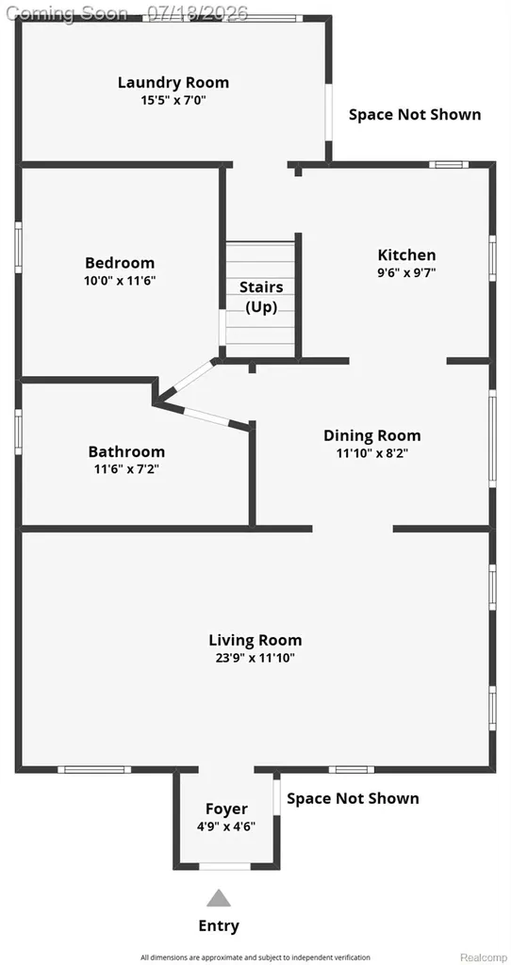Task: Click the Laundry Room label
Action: [x=173, y=83]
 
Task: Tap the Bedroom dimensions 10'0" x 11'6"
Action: [x=120, y=281]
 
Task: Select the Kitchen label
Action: [x=406, y=254]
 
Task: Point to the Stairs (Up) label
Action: [x=261, y=297]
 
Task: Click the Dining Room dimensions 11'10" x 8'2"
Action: [x=371, y=453]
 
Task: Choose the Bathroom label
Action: [x=126, y=451]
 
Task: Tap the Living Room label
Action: [x=255, y=641]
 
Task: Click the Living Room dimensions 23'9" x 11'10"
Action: [x=255, y=658]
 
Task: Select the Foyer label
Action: [x=226, y=809]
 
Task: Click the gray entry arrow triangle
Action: [x=219, y=898]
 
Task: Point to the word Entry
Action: [x=219, y=925]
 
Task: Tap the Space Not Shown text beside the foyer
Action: [x=353, y=798]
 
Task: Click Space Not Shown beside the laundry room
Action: [x=415, y=114]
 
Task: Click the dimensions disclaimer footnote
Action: [x=255, y=957]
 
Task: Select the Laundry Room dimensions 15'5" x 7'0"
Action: [x=173, y=100]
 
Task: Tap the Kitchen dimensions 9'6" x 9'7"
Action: [x=406, y=272]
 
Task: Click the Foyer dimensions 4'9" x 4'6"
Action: [x=226, y=826]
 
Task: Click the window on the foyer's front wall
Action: [x=224, y=866]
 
